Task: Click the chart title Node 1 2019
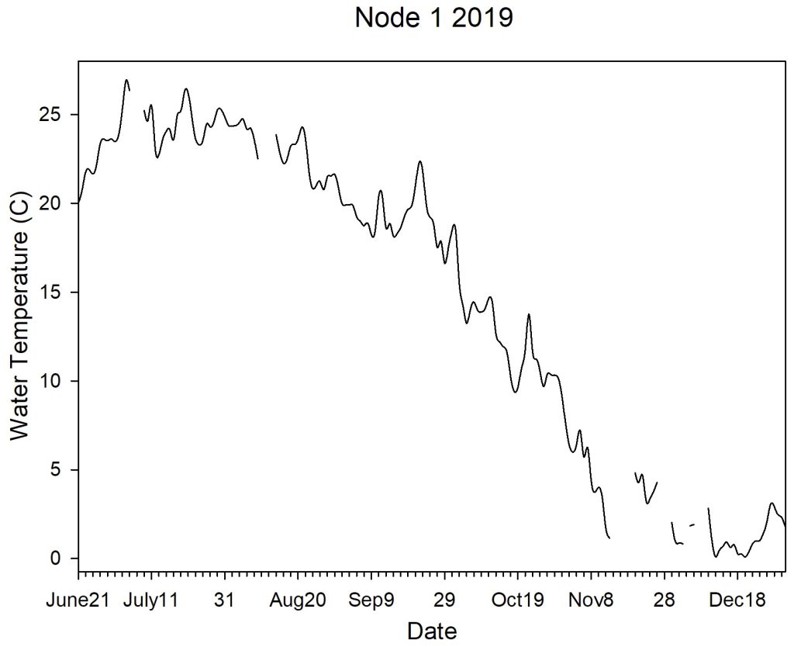[x=433, y=17]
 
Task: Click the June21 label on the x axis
[x=77, y=600]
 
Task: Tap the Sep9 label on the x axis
[x=371, y=600]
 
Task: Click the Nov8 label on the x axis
[x=590, y=600]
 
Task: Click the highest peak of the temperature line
[x=126, y=80]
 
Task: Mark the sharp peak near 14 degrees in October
[x=529, y=314]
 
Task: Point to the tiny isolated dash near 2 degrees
[x=692, y=525]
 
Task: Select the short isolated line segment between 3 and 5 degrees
[x=646, y=489]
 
